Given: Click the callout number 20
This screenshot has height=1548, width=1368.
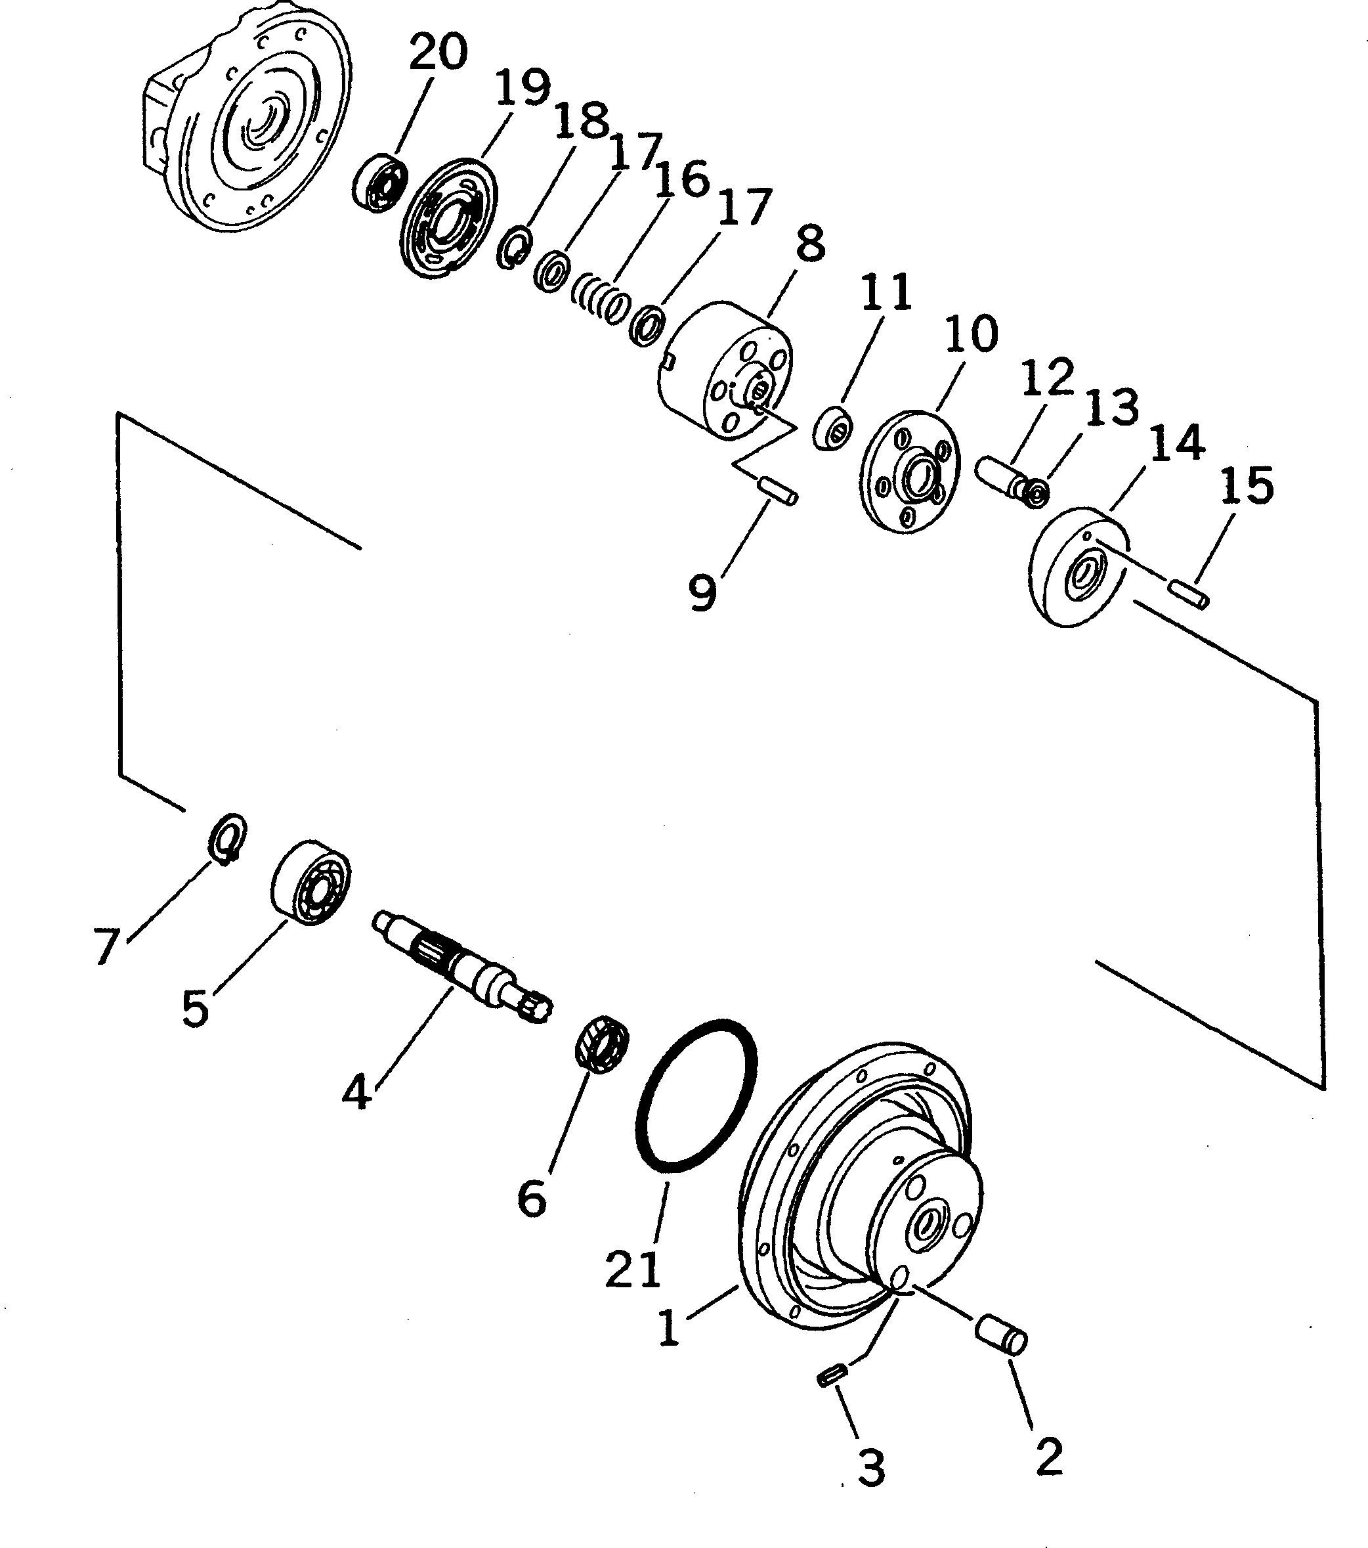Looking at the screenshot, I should point(438,54).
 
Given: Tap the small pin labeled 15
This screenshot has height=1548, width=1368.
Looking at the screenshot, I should point(1189,592).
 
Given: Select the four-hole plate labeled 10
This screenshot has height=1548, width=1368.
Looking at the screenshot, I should point(910,474).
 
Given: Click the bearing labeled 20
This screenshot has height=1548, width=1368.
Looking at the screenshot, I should point(379,183).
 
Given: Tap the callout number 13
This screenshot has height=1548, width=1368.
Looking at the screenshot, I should point(1111,407).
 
